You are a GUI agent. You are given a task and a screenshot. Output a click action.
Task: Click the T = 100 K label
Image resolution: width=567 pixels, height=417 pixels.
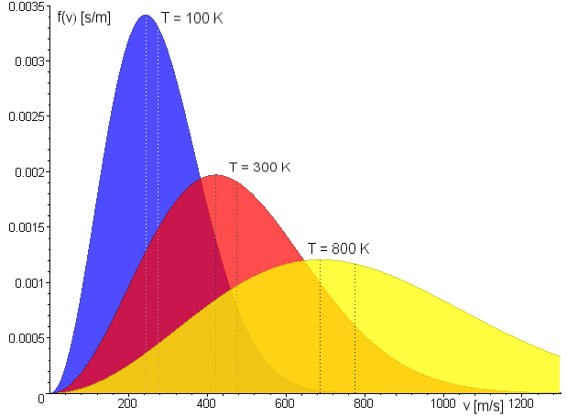point(191,17)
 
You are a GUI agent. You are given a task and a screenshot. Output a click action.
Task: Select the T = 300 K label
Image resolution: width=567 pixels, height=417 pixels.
point(259,167)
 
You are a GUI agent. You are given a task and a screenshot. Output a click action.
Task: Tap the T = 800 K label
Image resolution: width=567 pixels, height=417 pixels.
point(339,248)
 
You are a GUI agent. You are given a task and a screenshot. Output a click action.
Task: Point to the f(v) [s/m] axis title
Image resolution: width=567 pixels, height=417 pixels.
point(84,17)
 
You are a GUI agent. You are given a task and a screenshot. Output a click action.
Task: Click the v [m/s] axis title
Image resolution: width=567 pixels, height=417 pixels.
point(483,405)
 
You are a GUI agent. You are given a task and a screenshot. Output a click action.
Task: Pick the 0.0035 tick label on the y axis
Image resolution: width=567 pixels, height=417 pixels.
point(27,6)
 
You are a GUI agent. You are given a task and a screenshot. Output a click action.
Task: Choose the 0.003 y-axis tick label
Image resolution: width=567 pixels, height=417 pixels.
point(30,61)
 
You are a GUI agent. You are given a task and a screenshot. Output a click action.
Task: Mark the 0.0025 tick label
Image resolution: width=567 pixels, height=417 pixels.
point(27,116)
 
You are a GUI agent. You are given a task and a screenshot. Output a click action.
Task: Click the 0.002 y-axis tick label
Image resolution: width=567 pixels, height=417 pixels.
point(30,172)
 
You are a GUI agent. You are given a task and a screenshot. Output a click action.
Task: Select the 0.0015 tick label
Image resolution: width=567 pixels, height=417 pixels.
point(27,227)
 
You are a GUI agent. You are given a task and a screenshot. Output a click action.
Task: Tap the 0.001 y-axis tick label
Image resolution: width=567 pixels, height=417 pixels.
point(30,283)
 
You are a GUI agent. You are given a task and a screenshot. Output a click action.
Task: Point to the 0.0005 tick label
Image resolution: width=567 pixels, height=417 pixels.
point(27,338)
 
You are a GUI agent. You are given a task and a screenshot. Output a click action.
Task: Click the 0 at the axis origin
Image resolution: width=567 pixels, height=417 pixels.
point(41,399)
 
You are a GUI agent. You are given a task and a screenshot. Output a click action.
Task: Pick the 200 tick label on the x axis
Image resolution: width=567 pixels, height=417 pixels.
point(127,403)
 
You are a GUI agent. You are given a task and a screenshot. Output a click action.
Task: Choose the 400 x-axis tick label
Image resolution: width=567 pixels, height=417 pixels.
point(206,403)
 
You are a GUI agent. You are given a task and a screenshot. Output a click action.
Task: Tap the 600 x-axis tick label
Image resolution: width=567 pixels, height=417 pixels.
point(285,403)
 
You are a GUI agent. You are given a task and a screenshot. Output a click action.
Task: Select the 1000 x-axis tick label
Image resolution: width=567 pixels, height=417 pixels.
point(443,403)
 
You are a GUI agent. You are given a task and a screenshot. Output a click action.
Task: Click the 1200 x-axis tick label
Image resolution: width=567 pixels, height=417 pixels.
point(521,403)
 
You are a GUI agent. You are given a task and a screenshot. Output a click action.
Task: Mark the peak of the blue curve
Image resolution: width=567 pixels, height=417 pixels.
point(146,16)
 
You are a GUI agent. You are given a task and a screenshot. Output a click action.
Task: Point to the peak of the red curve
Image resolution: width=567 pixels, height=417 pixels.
point(216,175)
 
